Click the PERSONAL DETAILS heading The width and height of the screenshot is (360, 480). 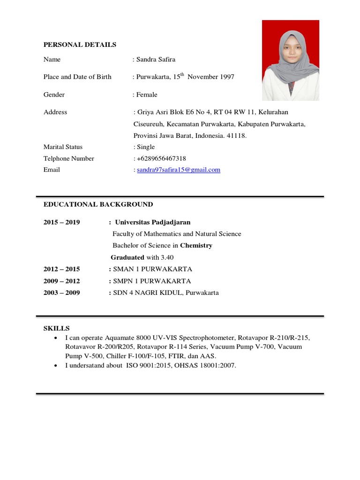pyautogui.click(x=80, y=45)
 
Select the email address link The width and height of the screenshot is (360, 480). pyautogui.click(x=178, y=170)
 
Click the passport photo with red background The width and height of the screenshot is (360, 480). pyautogui.click(x=290, y=60)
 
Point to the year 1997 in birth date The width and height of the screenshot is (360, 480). pyautogui.click(x=226, y=77)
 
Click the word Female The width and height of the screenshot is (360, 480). pyautogui.click(x=147, y=95)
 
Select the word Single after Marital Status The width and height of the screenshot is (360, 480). pyautogui.click(x=145, y=147)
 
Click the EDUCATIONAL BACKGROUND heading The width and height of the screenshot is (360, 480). pyautogui.click(x=98, y=204)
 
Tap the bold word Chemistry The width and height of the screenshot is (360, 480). pyautogui.click(x=196, y=246)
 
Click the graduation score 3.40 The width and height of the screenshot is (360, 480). pyautogui.click(x=167, y=257)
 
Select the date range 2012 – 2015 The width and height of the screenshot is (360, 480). pyautogui.click(x=61, y=269)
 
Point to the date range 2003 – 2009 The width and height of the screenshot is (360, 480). pyautogui.click(x=61, y=293)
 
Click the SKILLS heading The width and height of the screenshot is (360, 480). pyautogui.click(x=56, y=328)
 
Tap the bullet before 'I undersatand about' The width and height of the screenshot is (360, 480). pyautogui.click(x=56, y=366)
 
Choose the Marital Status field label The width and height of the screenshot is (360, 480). pyautogui.click(x=63, y=147)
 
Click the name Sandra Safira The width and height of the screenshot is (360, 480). pyautogui.click(x=156, y=60)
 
